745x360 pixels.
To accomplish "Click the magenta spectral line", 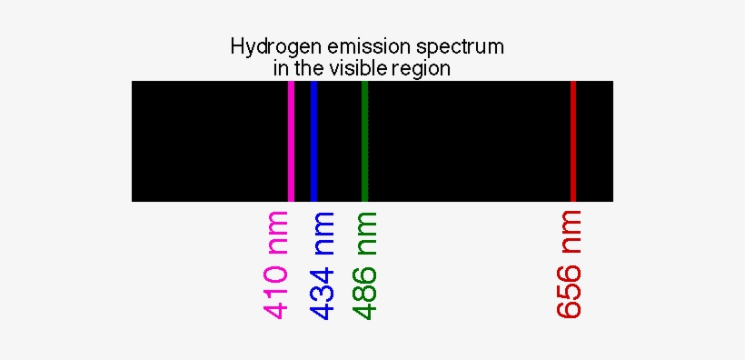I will click(291, 141).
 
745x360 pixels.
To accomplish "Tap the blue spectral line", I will click(313, 141).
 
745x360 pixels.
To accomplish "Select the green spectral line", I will click(364, 141).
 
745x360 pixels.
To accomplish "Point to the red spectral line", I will click(572, 141).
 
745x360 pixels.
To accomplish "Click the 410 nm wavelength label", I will click(276, 265).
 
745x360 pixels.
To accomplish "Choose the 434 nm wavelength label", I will click(323, 265).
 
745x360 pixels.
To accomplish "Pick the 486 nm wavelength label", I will click(365, 265).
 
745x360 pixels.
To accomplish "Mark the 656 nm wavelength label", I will click(569, 265).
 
